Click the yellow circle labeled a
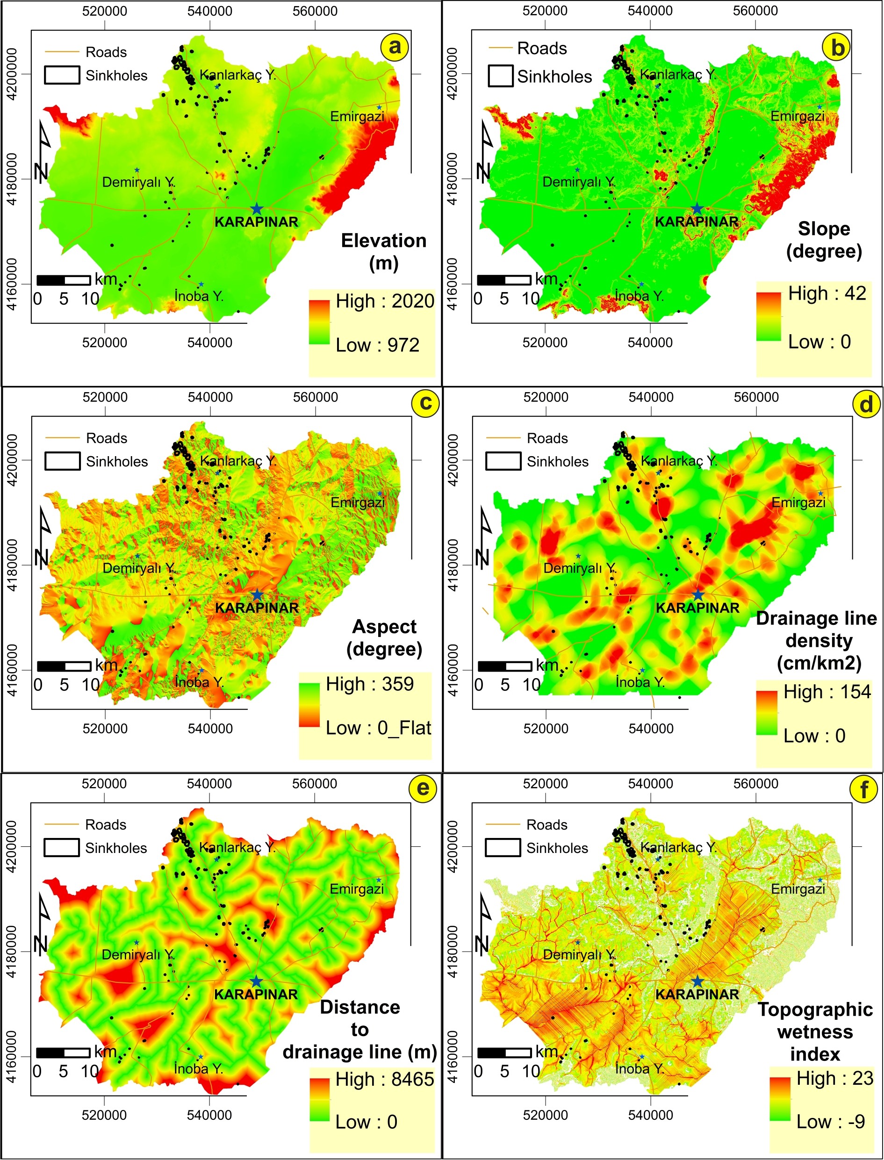[395, 47]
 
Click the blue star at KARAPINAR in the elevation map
[256, 209]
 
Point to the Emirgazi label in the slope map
[797, 116]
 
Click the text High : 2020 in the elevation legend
[385, 301]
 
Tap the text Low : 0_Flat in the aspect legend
[378, 728]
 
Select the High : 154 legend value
[827, 692]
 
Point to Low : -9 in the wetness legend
[830, 1121]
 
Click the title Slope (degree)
[824, 240]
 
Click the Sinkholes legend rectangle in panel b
[500, 76]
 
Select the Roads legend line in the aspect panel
[62, 438]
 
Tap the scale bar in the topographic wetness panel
[504, 1052]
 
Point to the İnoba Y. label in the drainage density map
[640, 682]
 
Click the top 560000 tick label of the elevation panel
[315, 11]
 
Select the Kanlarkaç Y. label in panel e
[237, 847]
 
